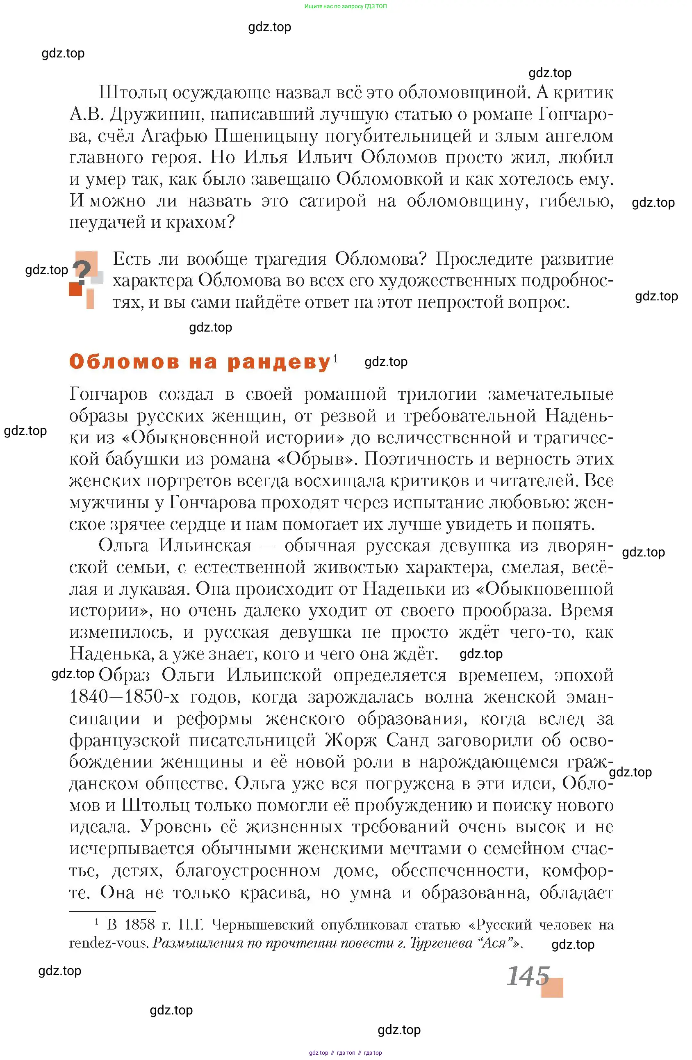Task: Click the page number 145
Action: [x=528, y=977]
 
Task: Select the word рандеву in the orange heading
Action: [x=279, y=362]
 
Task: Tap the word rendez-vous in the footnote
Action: [x=108, y=943]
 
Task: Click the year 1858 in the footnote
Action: [x=139, y=925]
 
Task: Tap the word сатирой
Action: [x=332, y=201]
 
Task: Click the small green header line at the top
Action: [x=345, y=6]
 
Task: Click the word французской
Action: [x=125, y=740]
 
